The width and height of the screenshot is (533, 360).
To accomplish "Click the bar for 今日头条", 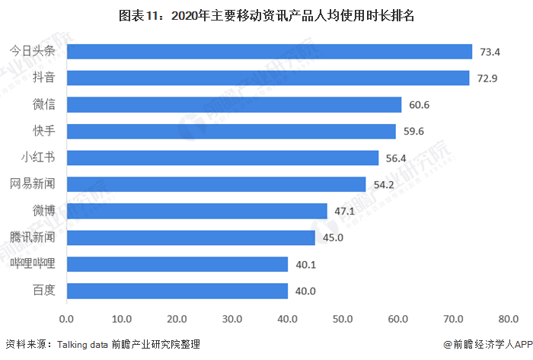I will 270,52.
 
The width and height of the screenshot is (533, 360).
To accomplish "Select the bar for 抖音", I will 268,78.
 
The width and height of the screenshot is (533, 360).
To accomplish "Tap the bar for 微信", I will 234,105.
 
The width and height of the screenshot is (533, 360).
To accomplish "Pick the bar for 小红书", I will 222,158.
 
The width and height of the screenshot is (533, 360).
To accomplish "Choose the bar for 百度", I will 177,291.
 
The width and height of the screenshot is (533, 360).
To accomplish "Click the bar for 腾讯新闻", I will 191,237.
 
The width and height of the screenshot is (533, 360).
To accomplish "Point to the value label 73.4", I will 489,52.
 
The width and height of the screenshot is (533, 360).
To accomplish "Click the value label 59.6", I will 413,132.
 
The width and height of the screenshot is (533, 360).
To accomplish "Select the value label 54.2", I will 382,185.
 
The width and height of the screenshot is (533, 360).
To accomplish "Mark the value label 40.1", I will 305,265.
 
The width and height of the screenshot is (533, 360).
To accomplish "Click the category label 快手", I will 44,132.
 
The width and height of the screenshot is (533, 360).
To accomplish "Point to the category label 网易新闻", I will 33,185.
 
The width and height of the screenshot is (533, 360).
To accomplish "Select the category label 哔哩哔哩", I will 33,265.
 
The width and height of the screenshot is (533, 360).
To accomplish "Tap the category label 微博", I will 44,212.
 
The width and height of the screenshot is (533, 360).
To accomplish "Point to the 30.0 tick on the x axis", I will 233,317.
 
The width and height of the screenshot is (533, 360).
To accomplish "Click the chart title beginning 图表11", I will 266,15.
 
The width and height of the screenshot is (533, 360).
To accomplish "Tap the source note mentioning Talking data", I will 103,345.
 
